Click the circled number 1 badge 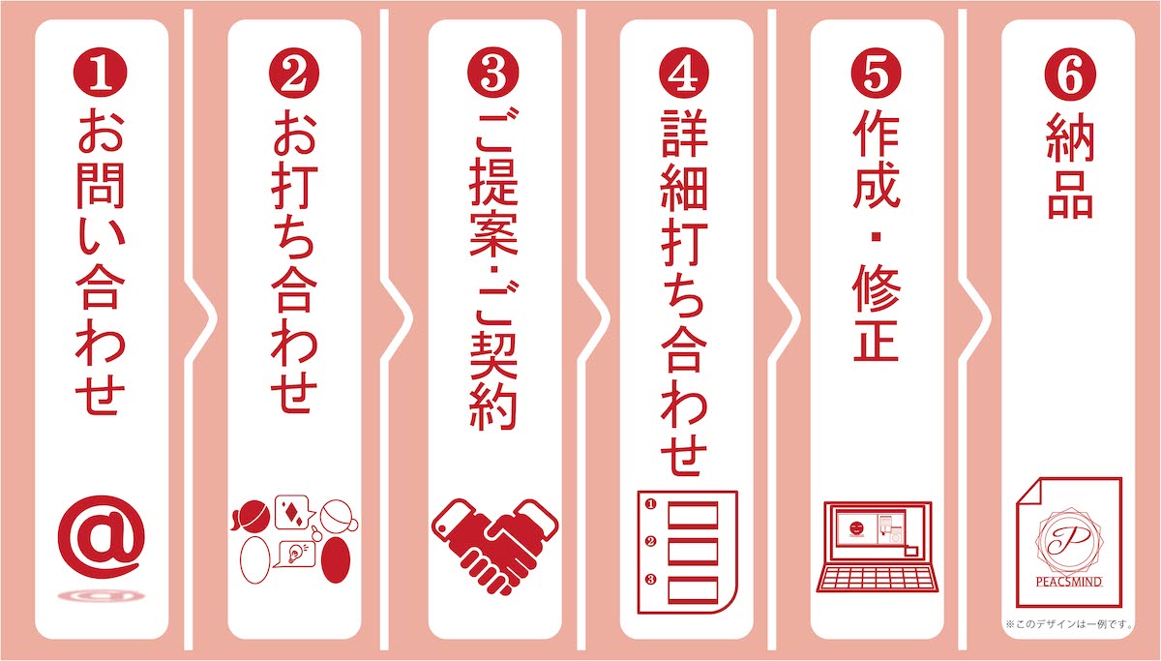pos(101,72)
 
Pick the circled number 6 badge pos(1070,75)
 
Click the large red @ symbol pos(102,538)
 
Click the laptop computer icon pos(878,547)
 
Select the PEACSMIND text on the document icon pos(1069,583)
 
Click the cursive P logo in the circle pos(1069,540)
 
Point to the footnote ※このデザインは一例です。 pos(1070,624)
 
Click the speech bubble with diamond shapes pos(294,511)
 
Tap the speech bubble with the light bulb pos(296,554)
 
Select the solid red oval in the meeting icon pos(336,560)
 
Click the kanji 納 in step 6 pos(1070,137)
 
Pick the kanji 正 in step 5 pos(876,340)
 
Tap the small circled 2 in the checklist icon pos(651,541)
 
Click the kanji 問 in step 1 pos(101,186)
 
